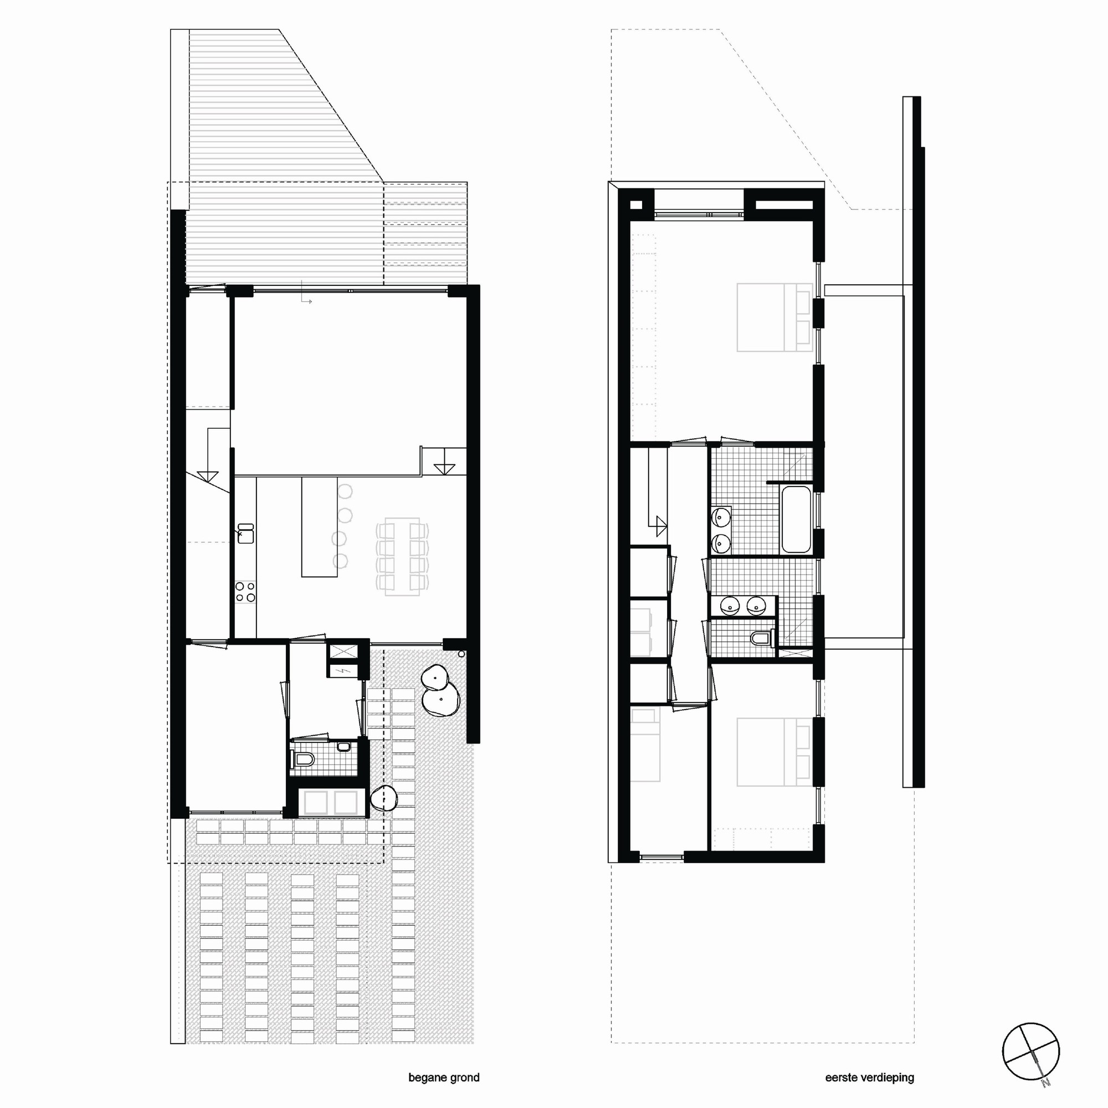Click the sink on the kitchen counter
pos(245,533)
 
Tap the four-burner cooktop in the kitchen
pos(245,592)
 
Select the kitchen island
pos(320,527)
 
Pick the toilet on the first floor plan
pos(762,638)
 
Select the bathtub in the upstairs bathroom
pos(796,520)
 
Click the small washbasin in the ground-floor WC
pos(343,746)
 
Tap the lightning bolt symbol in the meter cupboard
pos(342,670)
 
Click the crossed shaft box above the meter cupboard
pos(342,651)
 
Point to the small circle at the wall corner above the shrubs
pos(461,653)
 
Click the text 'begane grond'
pos(443,1078)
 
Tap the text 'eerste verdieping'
pos(869,1078)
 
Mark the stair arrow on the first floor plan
pos(661,522)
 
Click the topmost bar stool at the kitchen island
pos(345,491)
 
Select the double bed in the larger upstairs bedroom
pos(774,317)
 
